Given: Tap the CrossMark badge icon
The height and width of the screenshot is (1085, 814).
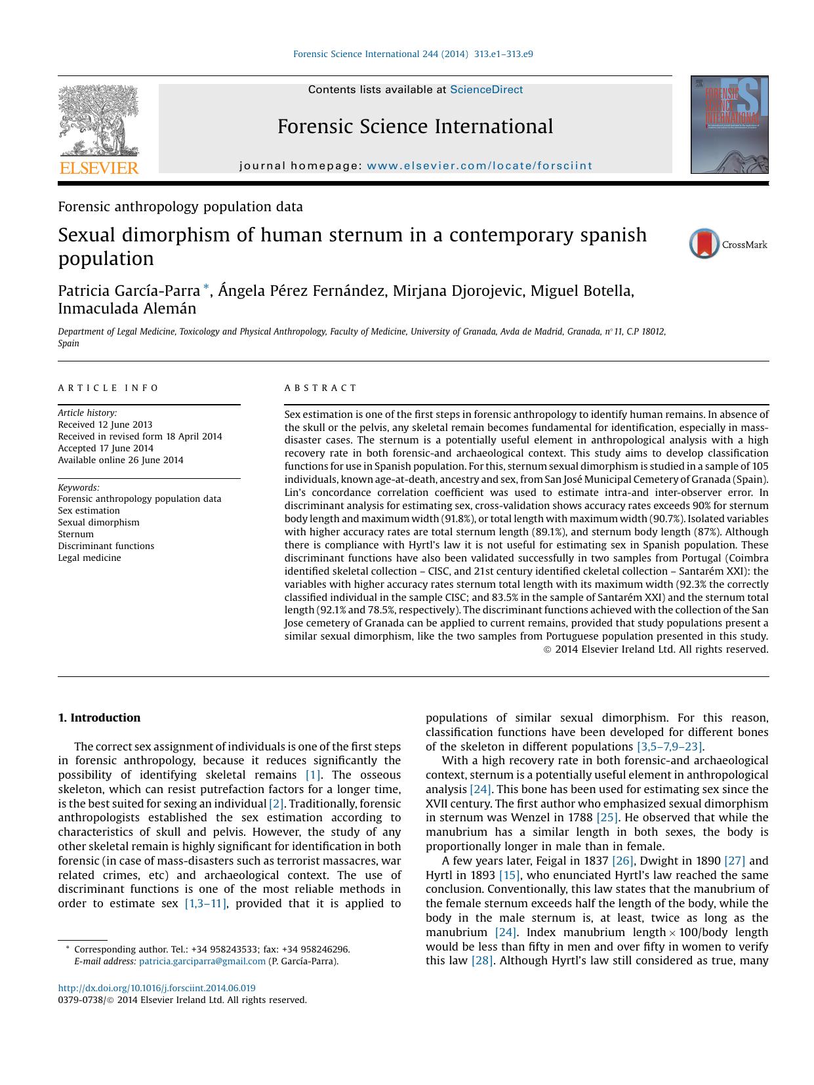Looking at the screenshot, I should pyautogui.click(x=705, y=244).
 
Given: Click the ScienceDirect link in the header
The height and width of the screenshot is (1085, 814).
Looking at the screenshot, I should pyautogui.click(x=486, y=90).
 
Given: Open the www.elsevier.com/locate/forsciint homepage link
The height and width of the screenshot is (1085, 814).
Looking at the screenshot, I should pyautogui.click(x=479, y=166).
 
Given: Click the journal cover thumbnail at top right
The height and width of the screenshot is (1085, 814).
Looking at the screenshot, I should pyautogui.click(x=729, y=125).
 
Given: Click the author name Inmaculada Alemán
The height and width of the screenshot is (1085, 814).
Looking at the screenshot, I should pyautogui.click(x=127, y=308).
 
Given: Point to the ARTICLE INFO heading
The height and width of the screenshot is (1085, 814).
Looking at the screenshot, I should pyautogui.click(x=108, y=388).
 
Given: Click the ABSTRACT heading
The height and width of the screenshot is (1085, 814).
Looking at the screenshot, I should pyautogui.click(x=321, y=388).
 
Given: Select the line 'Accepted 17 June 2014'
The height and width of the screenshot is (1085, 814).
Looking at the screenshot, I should pyautogui.click(x=106, y=448).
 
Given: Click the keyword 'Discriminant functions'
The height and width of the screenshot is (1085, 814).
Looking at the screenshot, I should pyautogui.click(x=106, y=546).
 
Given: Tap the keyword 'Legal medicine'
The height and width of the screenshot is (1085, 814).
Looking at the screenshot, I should pyautogui.click(x=89, y=558).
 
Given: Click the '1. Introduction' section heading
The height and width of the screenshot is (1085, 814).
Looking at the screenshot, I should pyautogui.click(x=99, y=718).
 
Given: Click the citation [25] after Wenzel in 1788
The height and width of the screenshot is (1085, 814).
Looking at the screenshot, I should pyautogui.click(x=607, y=817).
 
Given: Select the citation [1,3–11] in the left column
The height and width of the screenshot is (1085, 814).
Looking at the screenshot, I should pyautogui.click(x=205, y=903).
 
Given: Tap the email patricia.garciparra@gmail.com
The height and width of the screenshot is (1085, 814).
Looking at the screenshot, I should pyautogui.click(x=202, y=961).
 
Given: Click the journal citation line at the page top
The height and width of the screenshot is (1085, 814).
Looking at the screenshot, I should pyautogui.click(x=413, y=54).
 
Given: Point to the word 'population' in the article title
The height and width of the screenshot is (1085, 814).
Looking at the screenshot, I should pyautogui.click(x=106, y=258).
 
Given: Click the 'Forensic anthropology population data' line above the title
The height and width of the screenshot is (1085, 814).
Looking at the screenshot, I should pyautogui.click(x=180, y=207).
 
